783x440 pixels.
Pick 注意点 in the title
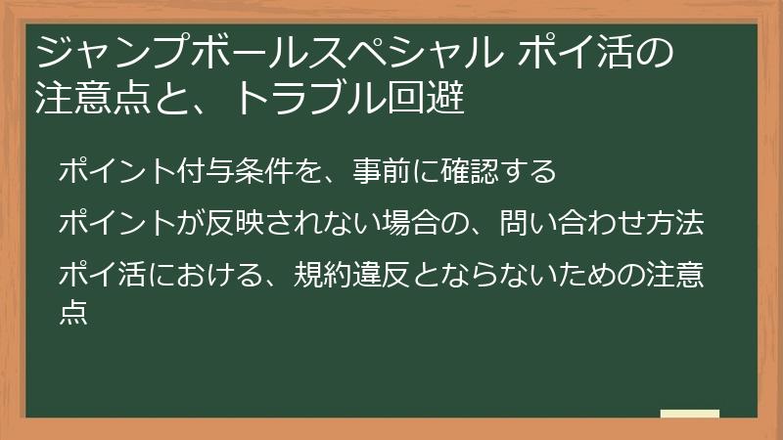[x=83, y=98]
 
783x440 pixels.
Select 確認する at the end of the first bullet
[x=500, y=172]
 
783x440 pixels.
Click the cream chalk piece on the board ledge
[x=689, y=414]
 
